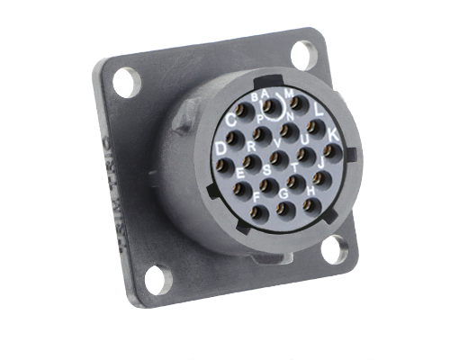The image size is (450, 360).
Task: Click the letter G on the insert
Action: pos(284,193)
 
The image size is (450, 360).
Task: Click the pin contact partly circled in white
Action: pos(268,107)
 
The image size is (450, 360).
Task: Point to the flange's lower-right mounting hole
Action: pos(335,245)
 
